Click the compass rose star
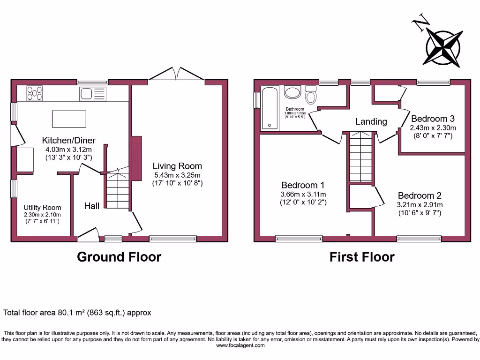[443, 47]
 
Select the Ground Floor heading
[119, 257]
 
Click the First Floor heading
[361, 257]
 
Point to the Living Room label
[177, 166]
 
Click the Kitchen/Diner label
[69, 140]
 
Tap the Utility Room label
[42, 208]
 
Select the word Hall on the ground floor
[91, 206]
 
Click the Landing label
[371, 122]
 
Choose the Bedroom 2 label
[420, 195]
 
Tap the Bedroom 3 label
[433, 119]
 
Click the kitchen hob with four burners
[35, 93]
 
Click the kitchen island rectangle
[69, 119]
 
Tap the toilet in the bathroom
[310, 95]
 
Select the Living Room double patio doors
[177, 75]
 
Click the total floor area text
[77, 312]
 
